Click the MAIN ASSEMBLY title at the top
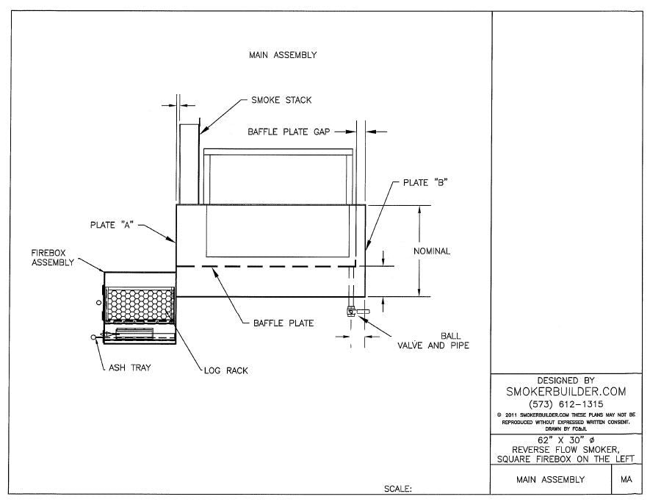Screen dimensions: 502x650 point(283,54)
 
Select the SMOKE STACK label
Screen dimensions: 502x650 point(276,100)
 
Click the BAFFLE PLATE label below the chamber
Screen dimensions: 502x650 point(284,323)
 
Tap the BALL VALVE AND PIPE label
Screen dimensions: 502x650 point(433,340)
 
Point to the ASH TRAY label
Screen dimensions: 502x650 point(129,367)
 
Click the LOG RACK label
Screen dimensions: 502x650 point(225,370)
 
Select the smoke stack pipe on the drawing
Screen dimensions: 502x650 point(189,164)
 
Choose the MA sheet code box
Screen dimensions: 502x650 point(626,480)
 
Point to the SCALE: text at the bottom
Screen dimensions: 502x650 point(398,488)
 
